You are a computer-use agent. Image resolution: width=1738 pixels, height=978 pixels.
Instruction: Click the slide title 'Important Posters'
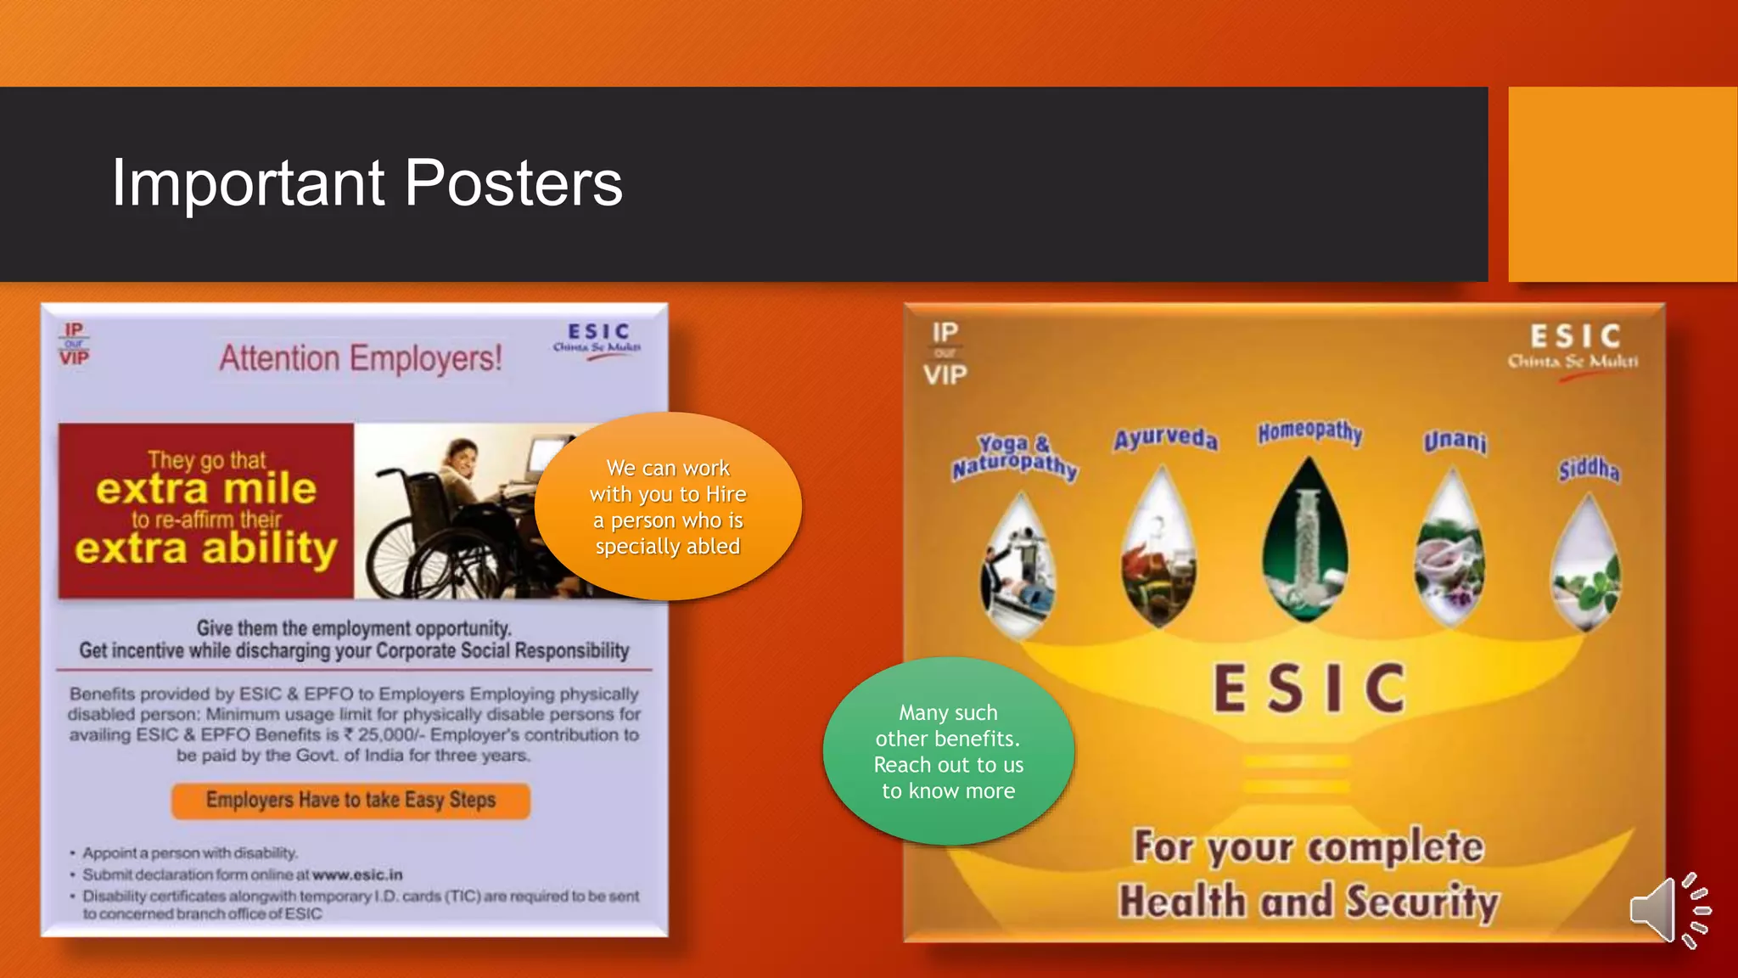(367, 183)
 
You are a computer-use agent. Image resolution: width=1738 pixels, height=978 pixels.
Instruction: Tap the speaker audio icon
(1668, 910)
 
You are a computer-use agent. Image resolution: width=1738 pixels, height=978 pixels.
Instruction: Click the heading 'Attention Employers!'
(361, 358)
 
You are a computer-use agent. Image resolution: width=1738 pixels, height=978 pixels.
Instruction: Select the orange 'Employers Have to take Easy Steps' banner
(350, 801)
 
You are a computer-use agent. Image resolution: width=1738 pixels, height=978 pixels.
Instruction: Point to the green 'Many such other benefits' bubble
(948, 751)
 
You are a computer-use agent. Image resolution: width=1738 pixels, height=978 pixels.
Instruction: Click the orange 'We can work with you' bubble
(668, 507)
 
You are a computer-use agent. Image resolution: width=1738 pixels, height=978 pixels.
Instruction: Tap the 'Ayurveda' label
(1165, 439)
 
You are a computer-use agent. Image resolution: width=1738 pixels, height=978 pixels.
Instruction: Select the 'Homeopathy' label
(1309, 432)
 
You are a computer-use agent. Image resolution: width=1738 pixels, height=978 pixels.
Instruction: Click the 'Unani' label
(1455, 441)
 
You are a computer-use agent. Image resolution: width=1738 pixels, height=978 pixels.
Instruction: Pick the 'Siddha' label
(1589, 469)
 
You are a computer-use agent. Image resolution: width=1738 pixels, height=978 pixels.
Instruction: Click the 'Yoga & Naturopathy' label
(1014, 457)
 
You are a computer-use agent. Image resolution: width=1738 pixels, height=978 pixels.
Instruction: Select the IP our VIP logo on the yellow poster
(945, 353)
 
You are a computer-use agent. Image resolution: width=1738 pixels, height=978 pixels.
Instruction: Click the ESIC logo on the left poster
(597, 339)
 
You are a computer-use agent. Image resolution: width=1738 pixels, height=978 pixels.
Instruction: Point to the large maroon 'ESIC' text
(1309, 689)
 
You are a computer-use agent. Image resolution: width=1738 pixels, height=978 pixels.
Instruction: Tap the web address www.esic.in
(357, 874)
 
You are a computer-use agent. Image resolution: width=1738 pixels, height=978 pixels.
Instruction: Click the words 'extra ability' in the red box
(206, 548)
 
